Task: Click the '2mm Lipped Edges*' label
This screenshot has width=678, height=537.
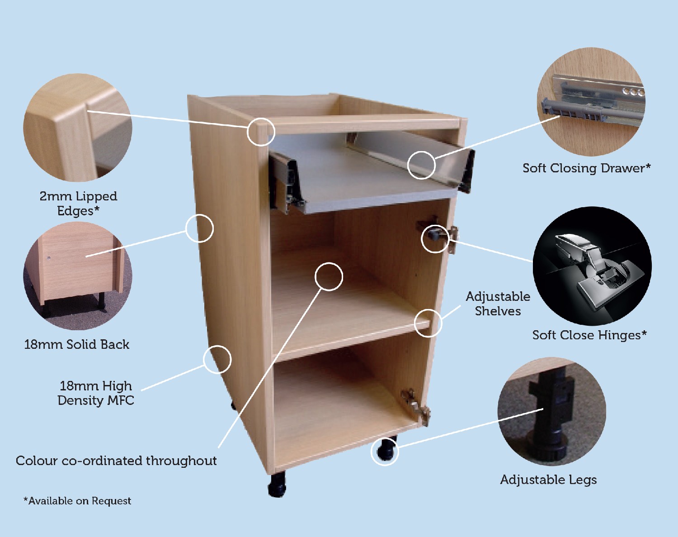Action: [x=78, y=203]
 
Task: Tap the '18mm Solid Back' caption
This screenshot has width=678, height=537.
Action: [x=76, y=345]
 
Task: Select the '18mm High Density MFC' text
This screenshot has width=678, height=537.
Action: [x=96, y=393]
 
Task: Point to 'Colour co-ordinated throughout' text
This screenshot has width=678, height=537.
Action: [x=116, y=461]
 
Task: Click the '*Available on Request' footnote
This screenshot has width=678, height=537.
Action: [x=77, y=501]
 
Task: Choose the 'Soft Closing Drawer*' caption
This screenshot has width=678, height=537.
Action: [x=586, y=168]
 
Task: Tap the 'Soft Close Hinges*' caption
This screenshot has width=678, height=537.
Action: [x=589, y=335]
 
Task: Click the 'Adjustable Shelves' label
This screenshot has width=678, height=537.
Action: [x=498, y=304]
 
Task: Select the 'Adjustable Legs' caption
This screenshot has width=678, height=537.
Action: [x=548, y=480]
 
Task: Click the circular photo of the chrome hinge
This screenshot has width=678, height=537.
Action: [x=592, y=266]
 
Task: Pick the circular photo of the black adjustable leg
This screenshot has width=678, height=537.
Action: [x=551, y=412]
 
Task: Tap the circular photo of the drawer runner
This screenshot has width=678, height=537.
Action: [x=591, y=102]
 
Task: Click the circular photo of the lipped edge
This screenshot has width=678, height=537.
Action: [x=78, y=128]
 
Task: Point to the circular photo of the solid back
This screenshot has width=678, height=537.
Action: [x=78, y=276]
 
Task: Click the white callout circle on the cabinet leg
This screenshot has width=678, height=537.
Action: [x=385, y=451]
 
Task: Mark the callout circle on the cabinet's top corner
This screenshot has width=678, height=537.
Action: [x=261, y=132]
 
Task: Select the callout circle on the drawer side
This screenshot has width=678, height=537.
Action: [x=421, y=165]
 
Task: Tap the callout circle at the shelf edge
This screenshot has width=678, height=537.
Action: [x=428, y=323]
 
